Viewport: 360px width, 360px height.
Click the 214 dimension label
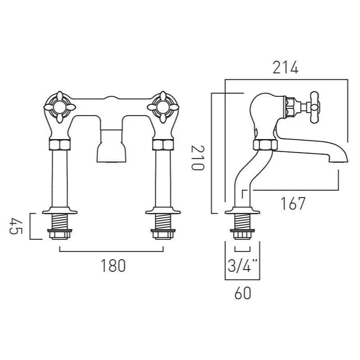point(285,67)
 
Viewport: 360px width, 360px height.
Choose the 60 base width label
point(242,293)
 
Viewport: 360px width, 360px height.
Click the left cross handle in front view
point(59,107)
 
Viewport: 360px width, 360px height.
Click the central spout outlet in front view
point(111,148)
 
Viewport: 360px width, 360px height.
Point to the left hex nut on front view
point(59,145)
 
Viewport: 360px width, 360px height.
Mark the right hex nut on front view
point(163,145)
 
